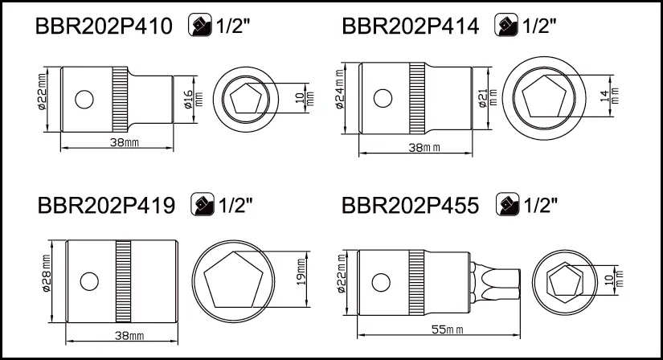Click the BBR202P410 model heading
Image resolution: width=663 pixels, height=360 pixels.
tap(104, 27)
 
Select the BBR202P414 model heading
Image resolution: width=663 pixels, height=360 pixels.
tap(410, 27)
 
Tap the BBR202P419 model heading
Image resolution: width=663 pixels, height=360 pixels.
tap(106, 206)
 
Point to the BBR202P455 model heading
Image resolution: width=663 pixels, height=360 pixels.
tap(410, 206)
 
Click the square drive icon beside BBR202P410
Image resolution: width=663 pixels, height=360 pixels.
tap(200, 25)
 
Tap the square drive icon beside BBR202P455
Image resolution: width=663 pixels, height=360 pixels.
tap(507, 204)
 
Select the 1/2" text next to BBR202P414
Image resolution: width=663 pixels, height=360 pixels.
tap(539, 26)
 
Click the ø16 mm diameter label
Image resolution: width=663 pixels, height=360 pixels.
tap(193, 100)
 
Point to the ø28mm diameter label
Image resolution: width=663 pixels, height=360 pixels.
tap(46, 273)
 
